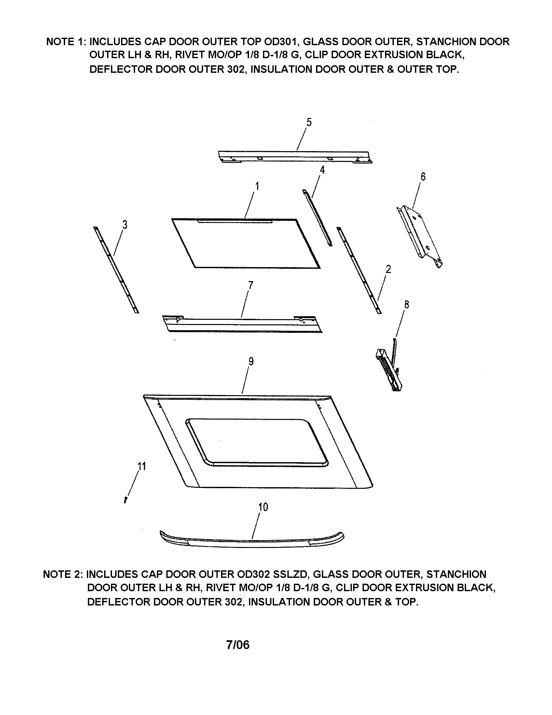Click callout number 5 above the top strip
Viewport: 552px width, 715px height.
tap(309, 122)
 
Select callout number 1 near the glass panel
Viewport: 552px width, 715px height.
tap(257, 186)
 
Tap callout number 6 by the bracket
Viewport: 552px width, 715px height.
tap(423, 177)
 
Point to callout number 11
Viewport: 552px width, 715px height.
tap(142, 466)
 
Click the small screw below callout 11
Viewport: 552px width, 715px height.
tap(126, 499)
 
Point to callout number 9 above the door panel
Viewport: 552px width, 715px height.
tap(251, 361)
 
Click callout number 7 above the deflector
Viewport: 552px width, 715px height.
tap(250, 285)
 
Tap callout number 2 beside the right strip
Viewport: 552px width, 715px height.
tap(388, 269)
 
